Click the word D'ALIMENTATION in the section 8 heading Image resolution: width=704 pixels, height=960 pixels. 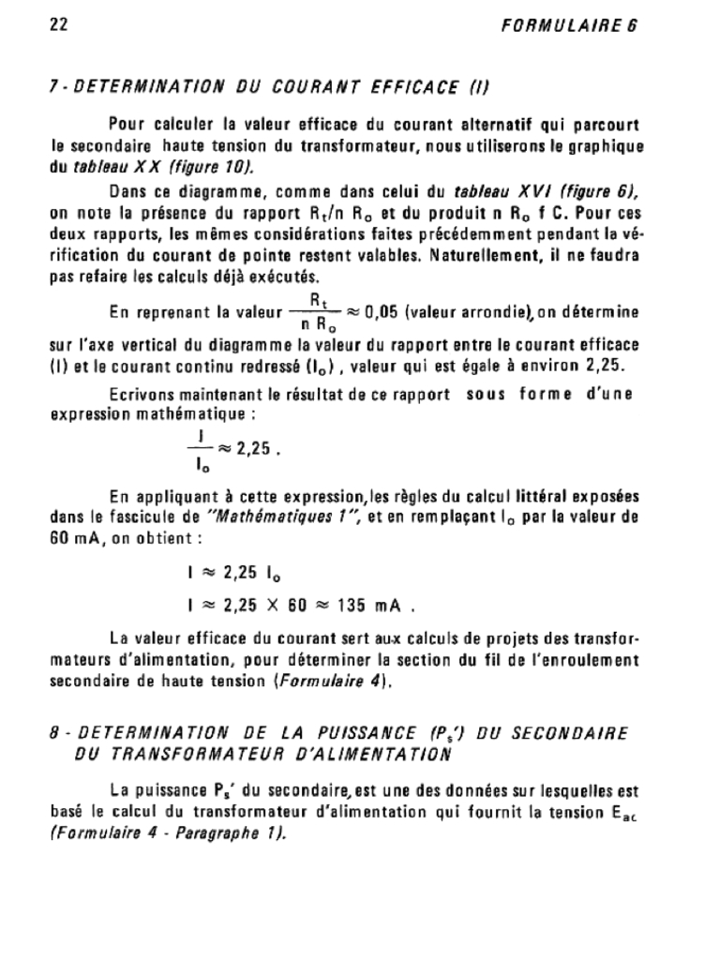(360, 752)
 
